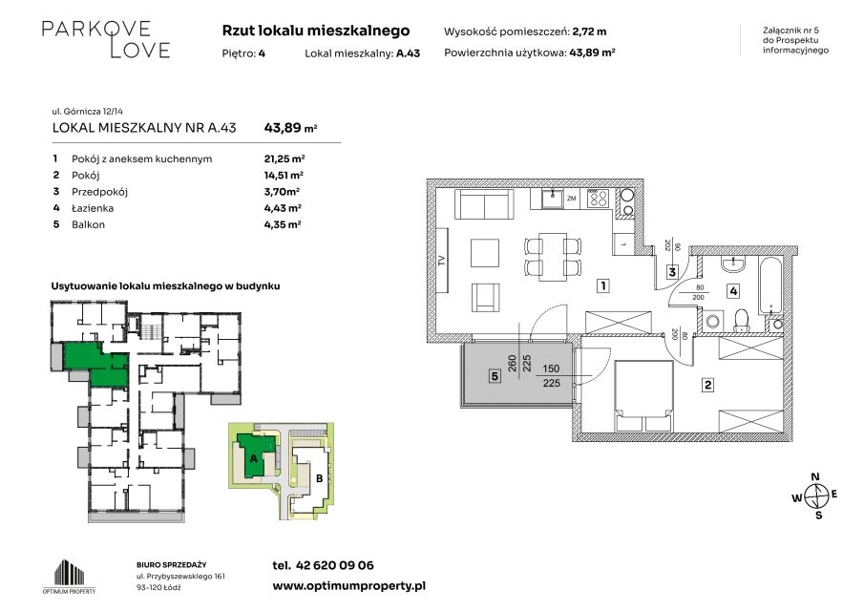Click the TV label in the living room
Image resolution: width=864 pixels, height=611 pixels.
441,262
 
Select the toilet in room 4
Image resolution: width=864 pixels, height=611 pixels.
742,321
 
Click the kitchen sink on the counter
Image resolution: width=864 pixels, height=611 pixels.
553,199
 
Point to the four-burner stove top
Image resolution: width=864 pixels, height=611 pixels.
598,199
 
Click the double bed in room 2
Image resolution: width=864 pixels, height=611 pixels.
643,397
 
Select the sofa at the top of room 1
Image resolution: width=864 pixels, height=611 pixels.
484,204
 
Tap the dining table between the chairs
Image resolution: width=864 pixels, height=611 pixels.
553,257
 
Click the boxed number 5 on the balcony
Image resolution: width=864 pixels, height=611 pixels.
495,376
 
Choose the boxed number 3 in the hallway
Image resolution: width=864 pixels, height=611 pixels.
672,272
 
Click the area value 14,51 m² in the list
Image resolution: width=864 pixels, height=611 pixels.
284,176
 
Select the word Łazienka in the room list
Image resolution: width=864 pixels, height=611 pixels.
93,208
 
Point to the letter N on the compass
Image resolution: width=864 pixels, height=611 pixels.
815,477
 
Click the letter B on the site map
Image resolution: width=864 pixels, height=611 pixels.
319,478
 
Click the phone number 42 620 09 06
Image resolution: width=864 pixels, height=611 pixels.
334,565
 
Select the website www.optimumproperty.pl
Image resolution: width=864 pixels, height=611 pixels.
348,586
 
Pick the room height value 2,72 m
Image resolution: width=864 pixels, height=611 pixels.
590,32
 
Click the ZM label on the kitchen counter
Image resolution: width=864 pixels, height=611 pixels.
572,199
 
